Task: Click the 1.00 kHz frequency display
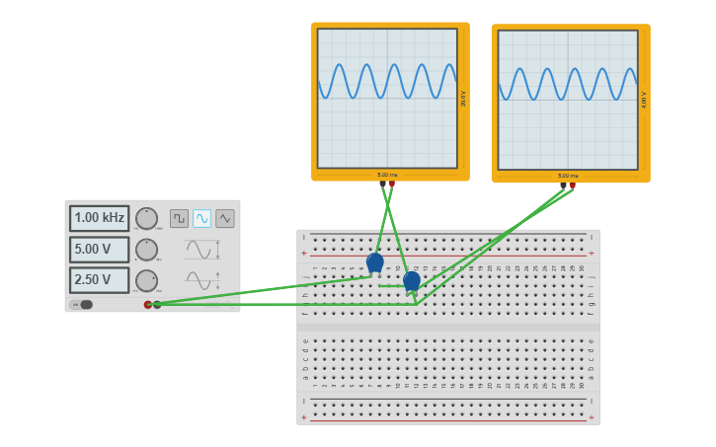[x=99, y=218]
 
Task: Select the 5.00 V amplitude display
[x=99, y=250]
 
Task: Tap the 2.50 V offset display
[x=99, y=280]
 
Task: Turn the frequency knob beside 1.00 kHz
[x=146, y=218]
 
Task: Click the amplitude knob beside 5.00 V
[x=146, y=250]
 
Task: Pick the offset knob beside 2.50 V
[x=146, y=280]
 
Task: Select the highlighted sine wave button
[x=201, y=218]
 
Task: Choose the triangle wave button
[x=225, y=218]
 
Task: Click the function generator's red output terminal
[x=148, y=305]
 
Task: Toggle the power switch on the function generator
[x=82, y=305]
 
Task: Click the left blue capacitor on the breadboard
[x=374, y=262]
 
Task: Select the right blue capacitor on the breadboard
[x=412, y=281]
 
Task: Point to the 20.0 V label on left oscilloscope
[x=463, y=99]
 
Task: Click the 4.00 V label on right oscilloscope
[x=644, y=101]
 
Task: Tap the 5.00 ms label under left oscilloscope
[x=387, y=175]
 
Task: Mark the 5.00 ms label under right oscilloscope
[x=568, y=176]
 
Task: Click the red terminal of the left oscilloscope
[x=392, y=184]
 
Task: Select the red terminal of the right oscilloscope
[x=572, y=186]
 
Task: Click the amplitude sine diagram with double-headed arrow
[x=201, y=250]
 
